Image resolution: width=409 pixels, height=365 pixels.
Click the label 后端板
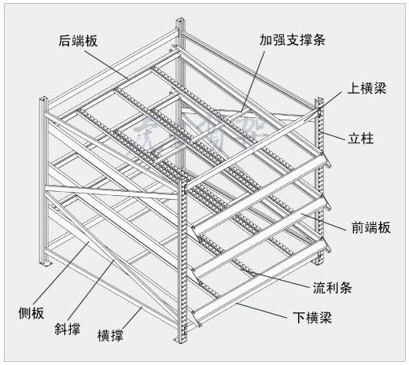point(78,41)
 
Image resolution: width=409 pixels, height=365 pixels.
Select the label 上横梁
point(367,89)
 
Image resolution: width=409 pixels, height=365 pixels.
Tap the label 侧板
point(31,313)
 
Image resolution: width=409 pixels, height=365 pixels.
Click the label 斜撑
point(67,326)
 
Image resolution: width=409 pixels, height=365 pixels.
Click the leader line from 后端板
point(110,62)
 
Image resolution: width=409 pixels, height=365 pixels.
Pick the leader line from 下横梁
point(260,308)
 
